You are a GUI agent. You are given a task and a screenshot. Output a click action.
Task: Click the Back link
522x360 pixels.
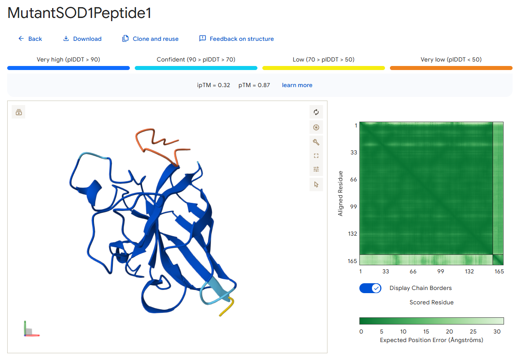point(30,39)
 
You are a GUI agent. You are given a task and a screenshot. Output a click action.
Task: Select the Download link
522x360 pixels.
point(82,39)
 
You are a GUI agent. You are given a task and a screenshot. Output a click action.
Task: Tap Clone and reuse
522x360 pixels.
point(150,39)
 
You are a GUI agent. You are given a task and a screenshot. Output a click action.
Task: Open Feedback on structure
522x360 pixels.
point(236,39)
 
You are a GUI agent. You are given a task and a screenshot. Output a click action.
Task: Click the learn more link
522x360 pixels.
point(297,85)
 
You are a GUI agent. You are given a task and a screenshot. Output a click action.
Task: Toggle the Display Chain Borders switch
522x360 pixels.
point(370,288)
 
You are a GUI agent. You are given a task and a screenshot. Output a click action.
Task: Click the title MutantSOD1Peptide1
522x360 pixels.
point(79,13)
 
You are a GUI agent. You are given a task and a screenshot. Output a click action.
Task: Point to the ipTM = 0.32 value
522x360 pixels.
point(213,85)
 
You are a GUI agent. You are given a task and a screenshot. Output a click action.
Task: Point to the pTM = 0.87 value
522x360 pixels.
point(254,85)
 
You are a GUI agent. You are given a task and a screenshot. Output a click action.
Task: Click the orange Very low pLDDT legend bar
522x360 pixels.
point(451,68)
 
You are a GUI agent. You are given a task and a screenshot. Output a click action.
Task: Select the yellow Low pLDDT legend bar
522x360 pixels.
point(323,68)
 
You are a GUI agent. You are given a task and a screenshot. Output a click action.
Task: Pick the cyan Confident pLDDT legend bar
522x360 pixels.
point(196,68)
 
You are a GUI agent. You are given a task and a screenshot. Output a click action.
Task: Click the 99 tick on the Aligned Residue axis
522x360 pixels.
point(354,206)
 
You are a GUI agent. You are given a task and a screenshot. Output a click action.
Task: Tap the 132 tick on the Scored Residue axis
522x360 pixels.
point(469,272)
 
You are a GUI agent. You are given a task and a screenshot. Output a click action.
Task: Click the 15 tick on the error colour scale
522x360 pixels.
point(426,331)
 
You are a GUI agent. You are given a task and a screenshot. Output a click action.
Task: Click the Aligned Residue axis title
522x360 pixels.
point(340,193)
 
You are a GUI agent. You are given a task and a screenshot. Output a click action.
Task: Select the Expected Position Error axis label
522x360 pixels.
point(431,340)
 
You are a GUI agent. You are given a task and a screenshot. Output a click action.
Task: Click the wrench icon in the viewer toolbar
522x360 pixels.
point(316,142)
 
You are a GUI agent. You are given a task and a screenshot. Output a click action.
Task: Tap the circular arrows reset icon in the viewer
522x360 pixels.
point(316,112)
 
